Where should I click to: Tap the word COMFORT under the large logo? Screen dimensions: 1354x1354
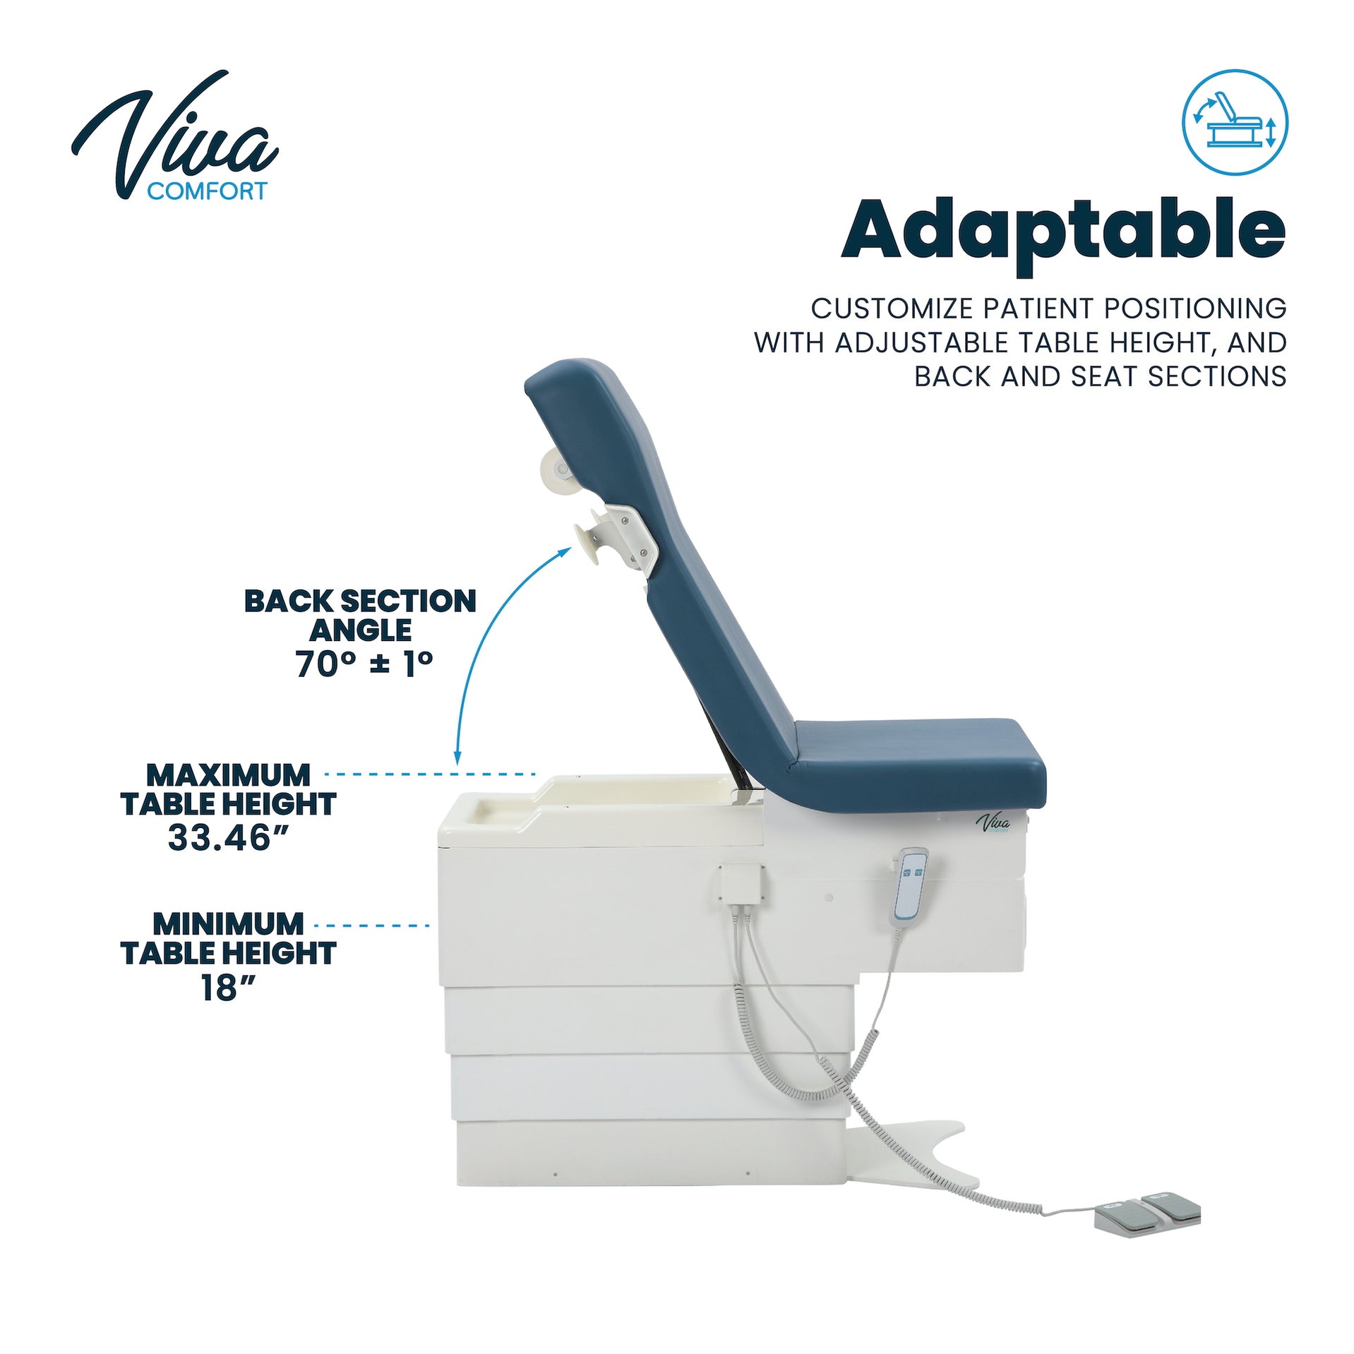pyautogui.click(x=207, y=191)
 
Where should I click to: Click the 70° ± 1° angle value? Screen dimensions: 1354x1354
pyautogui.click(x=364, y=664)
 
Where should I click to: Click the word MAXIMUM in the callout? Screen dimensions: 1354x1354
pyautogui.click(x=228, y=775)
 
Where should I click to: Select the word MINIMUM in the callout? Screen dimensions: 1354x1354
pyautogui.click(x=228, y=924)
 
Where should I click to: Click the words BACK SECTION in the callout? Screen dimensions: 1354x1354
pyautogui.click(x=360, y=601)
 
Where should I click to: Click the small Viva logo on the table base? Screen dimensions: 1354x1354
pyautogui.click(x=993, y=823)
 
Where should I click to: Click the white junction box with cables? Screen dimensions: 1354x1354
pyautogui.click(x=740, y=882)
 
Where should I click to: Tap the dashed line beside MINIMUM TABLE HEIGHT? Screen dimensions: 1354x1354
pyautogui.click(x=372, y=925)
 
